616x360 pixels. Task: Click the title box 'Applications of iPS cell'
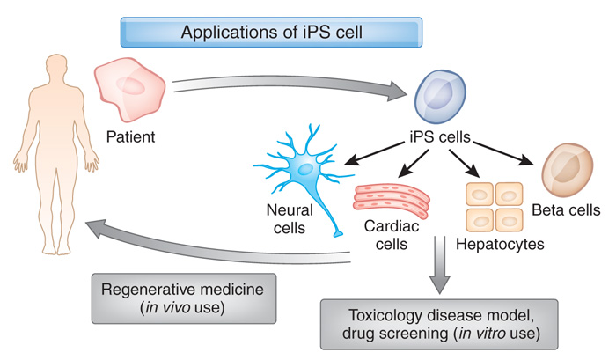point(273,33)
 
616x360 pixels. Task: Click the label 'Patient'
point(131,136)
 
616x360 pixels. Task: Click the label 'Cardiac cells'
point(385,235)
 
